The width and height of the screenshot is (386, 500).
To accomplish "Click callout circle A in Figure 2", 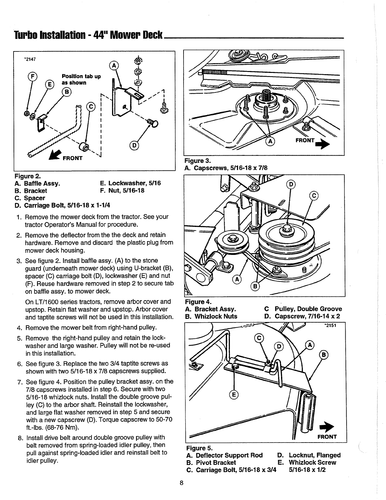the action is point(114,66).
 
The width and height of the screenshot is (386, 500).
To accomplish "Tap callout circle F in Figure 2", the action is point(32,76).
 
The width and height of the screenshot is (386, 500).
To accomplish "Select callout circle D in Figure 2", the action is point(134,146).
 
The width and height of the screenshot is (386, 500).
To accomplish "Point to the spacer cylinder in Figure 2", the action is point(84,147).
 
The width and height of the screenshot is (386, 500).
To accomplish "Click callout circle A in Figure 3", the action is point(270,141).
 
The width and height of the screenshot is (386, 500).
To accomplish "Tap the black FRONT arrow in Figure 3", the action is point(323,144).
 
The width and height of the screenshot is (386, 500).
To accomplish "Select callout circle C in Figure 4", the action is point(314,196).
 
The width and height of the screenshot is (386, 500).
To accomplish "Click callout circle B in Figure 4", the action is point(255,287).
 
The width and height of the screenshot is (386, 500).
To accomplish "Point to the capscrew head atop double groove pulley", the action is point(287,229).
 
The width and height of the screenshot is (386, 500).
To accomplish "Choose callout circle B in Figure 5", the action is point(324,355).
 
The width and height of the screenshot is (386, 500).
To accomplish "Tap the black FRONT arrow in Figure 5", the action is point(327,427).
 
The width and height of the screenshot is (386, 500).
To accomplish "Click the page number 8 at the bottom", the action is point(181,483).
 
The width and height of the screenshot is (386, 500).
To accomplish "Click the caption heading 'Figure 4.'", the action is point(198,301).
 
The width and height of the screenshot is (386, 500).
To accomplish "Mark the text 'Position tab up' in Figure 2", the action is point(81,76).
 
